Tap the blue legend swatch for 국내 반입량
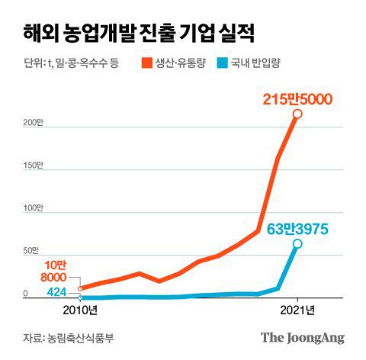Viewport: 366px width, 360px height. tap(231, 62)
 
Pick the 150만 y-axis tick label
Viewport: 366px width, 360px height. tap(31, 166)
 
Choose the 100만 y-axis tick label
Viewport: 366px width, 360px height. tap(31, 208)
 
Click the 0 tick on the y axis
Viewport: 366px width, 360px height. tap(25, 294)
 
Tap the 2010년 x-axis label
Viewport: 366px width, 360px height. tap(79, 310)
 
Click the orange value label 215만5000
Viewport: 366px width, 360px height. tap(297, 99)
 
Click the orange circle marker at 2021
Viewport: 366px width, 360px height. tap(297, 114)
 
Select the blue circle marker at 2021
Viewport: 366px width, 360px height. tap(297, 243)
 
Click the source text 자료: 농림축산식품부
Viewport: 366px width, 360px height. tap(68, 338)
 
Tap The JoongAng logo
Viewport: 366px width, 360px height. tap(303, 337)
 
